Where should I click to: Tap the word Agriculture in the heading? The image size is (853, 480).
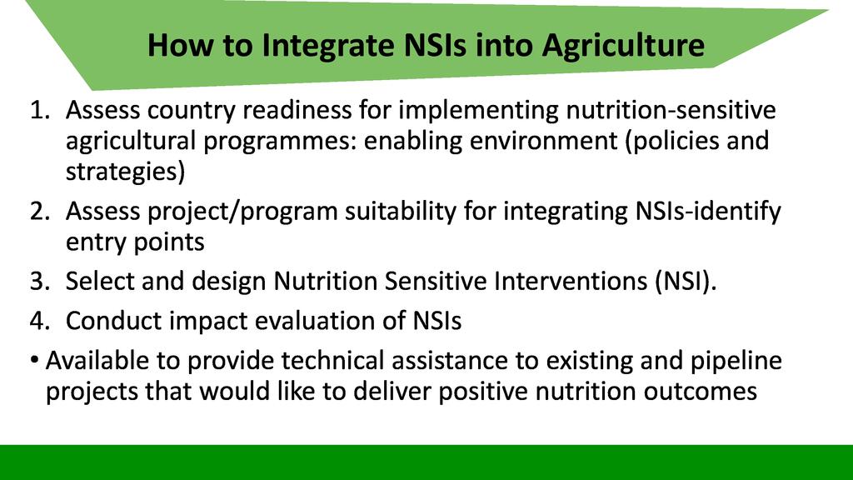pyautogui.click(x=623, y=46)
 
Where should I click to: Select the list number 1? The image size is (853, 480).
pyautogui.click(x=40, y=111)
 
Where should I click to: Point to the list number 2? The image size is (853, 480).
pyautogui.click(x=40, y=211)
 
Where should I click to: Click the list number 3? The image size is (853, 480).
pyautogui.click(x=40, y=282)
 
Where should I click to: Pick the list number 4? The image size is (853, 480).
pyautogui.click(x=40, y=321)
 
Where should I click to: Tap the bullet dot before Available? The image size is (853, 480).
pyautogui.click(x=35, y=361)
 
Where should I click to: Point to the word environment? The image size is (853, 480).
pyautogui.click(x=543, y=141)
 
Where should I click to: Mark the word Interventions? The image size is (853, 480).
pyautogui.click(x=571, y=282)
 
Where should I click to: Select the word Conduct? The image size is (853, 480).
pyautogui.click(x=113, y=321)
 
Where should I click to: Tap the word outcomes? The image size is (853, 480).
pyautogui.click(x=700, y=392)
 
